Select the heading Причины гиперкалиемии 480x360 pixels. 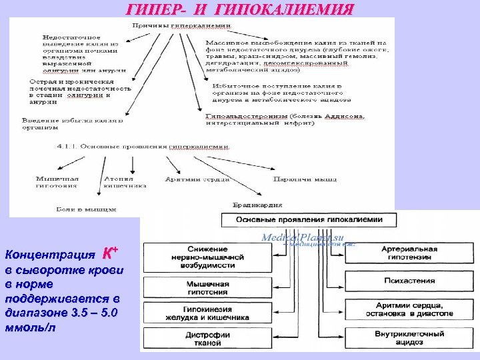[x=181, y=25]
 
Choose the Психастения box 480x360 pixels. [x=409, y=283]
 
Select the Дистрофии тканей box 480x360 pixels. [x=208, y=338]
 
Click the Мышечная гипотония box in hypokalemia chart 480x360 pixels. [x=208, y=288]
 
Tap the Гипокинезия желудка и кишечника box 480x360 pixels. [x=208, y=313]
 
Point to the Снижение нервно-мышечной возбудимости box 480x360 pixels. [x=208, y=257]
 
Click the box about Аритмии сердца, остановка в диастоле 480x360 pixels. [x=409, y=309]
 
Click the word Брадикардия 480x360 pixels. [x=257, y=205]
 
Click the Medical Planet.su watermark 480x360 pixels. [x=303, y=237]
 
